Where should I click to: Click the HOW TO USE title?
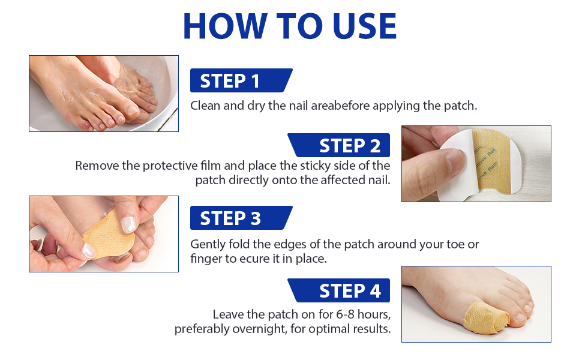(290, 26)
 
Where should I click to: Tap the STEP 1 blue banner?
(240, 80)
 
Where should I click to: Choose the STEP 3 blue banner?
(240, 218)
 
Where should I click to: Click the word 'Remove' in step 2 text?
(96, 166)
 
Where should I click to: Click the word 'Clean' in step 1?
(204, 106)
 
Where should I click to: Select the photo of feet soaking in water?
(104, 93)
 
